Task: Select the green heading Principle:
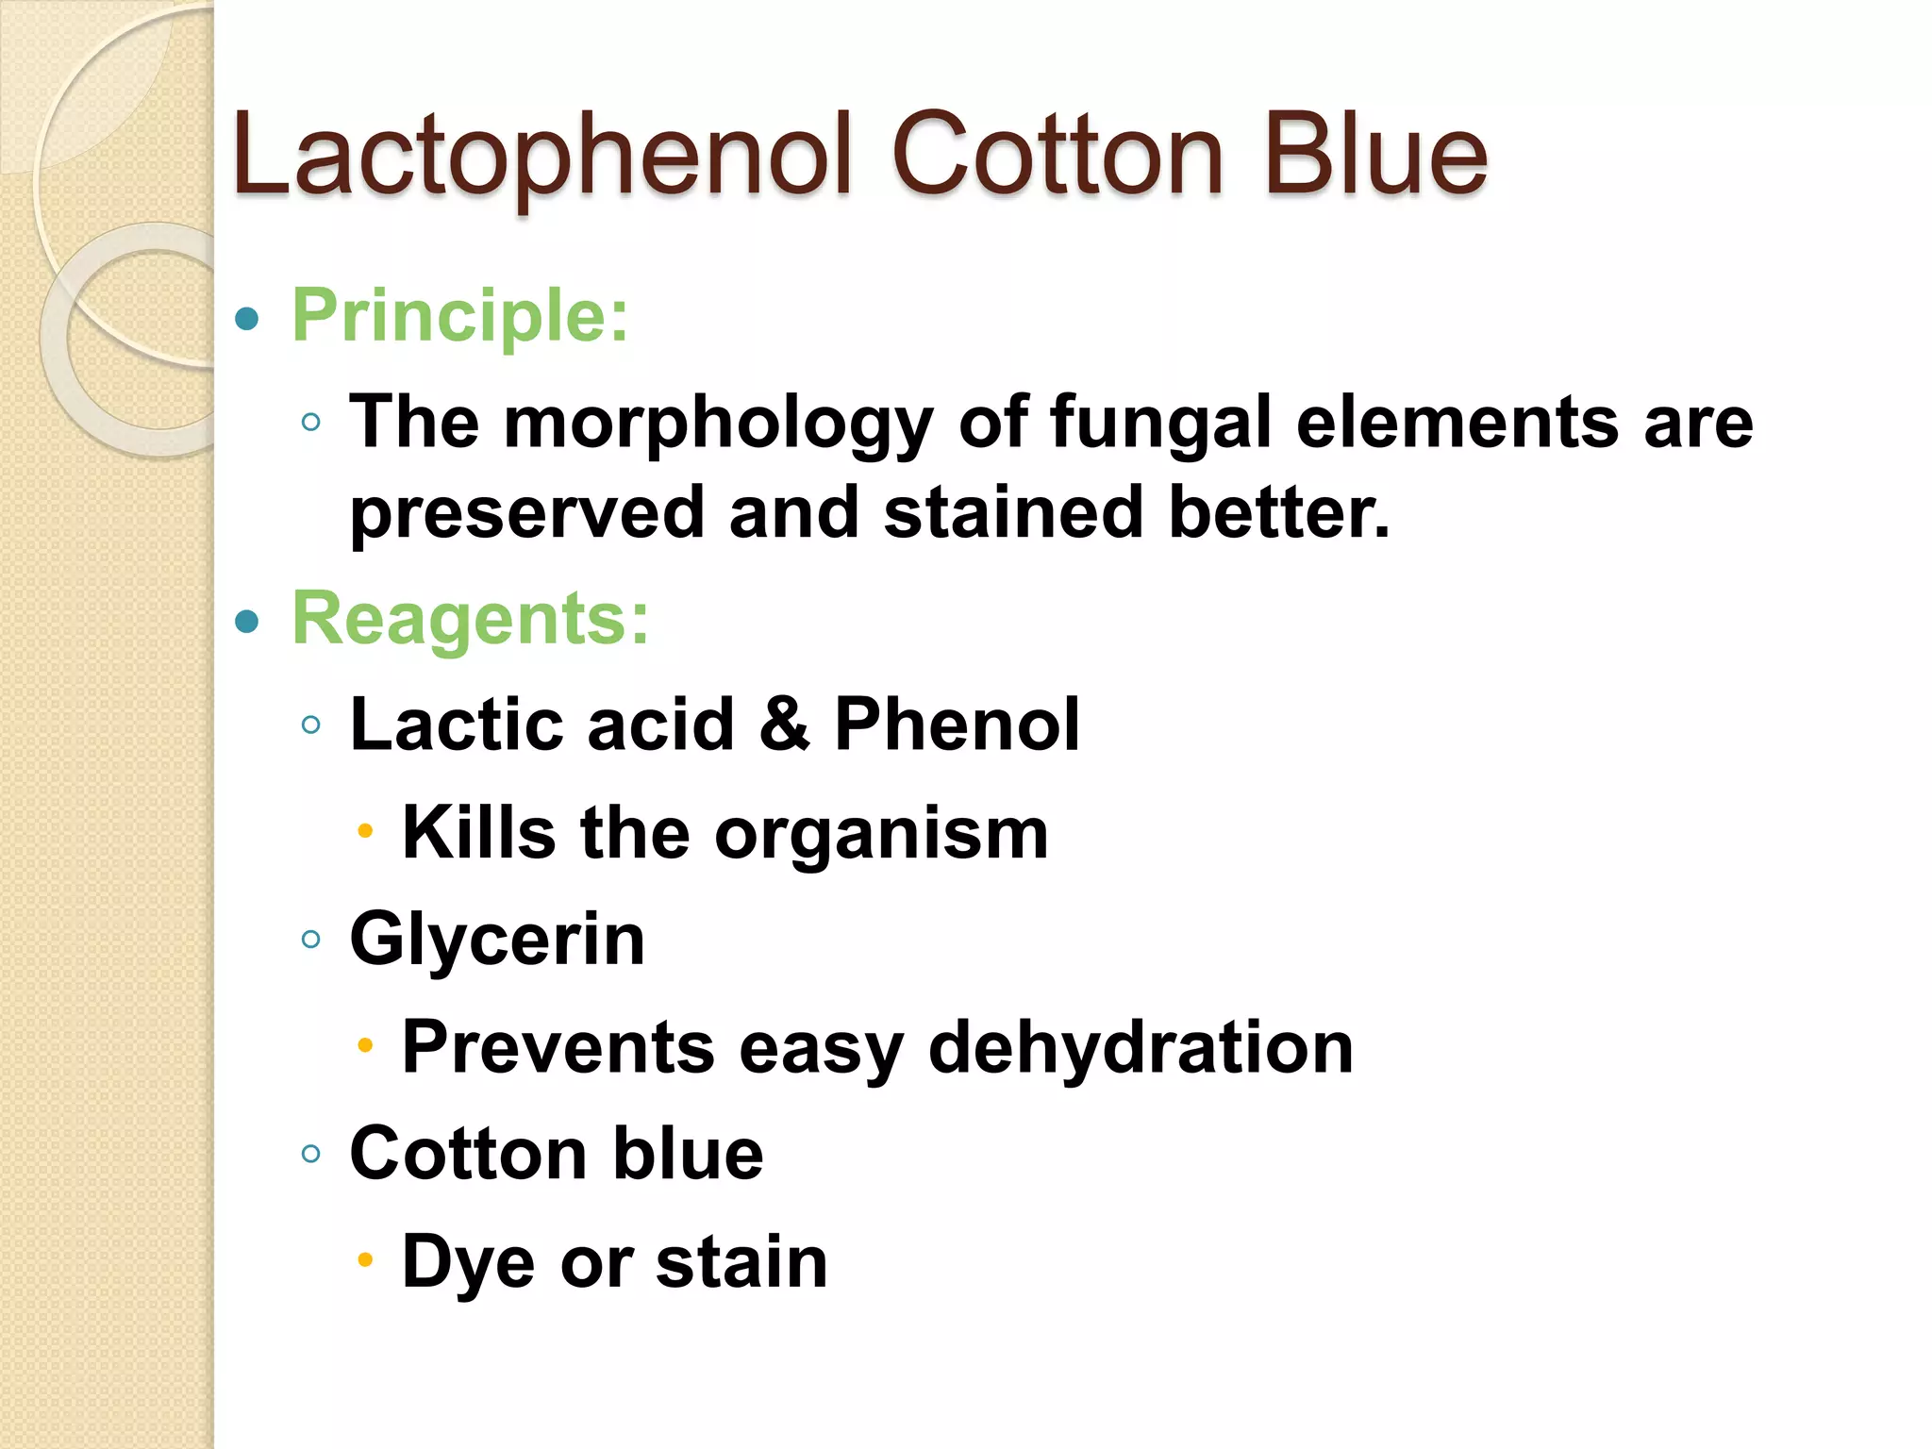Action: [459, 316]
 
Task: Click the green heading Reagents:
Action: [471, 619]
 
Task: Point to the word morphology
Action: [718, 424]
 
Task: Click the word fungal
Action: [1160, 424]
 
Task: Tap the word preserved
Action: [526, 513]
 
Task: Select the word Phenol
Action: [957, 724]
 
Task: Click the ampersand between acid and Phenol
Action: [784, 724]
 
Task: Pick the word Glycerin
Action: [497, 940]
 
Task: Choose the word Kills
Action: [479, 833]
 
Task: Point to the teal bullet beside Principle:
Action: [247, 319]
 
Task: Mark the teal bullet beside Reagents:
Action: [247, 622]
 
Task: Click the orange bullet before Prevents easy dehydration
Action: [366, 1045]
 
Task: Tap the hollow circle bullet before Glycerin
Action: [311, 939]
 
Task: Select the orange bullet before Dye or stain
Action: [366, 1259]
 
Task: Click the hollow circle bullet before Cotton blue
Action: [311, 1153]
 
